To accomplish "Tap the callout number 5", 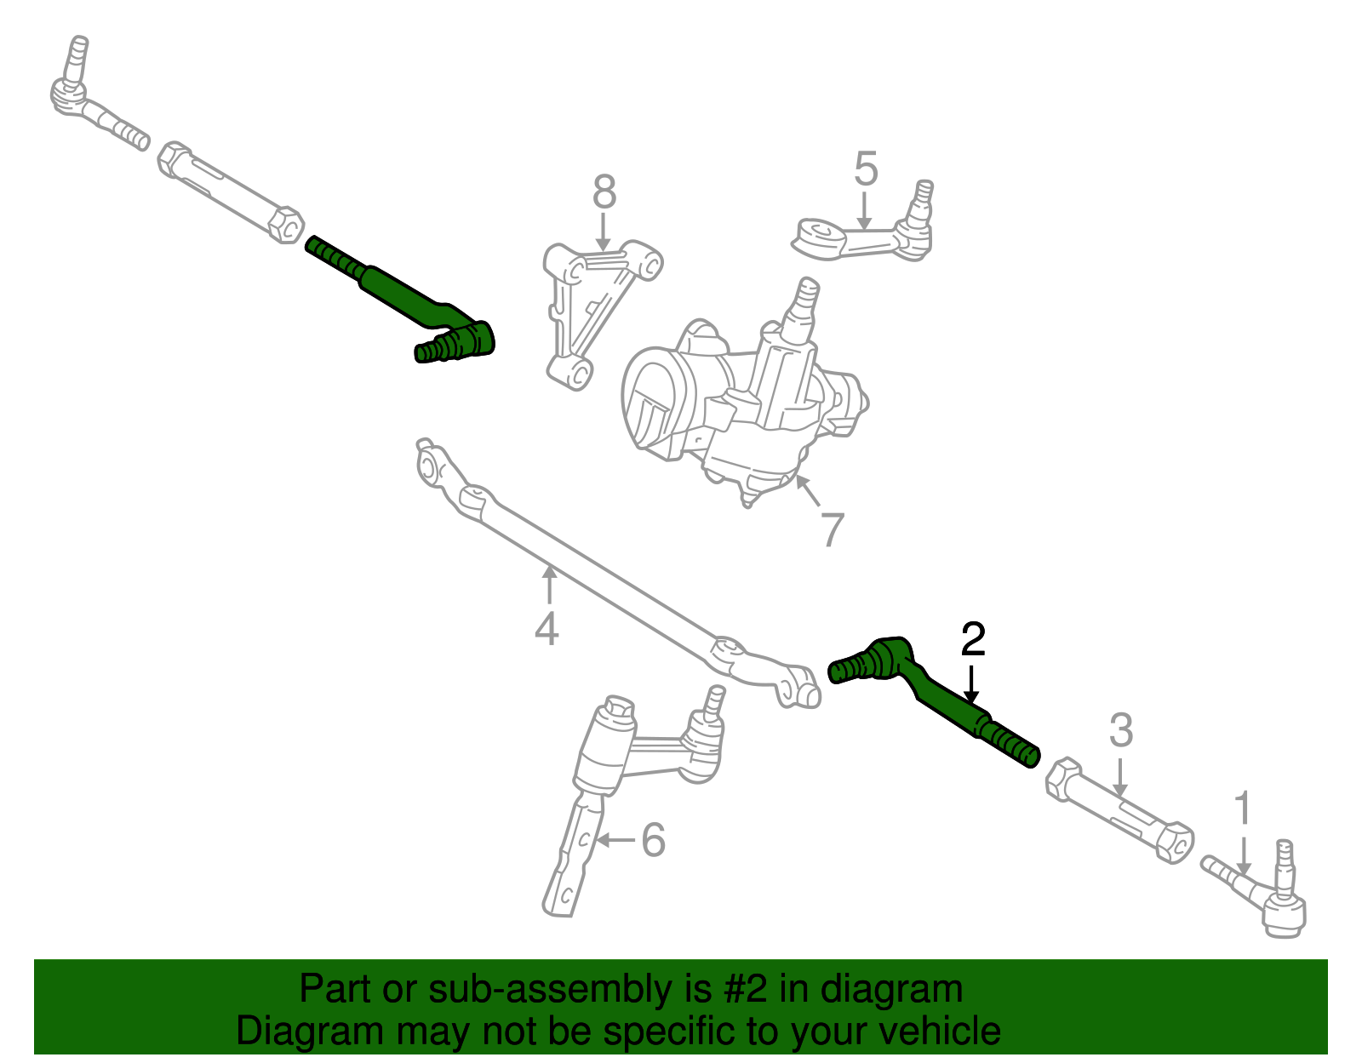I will tap(865, 169).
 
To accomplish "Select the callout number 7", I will tap(832, 529).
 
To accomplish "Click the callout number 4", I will tap(547, 629).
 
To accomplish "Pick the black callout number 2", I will tap(972, 639).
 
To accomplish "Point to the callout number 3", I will tap(1121, 731).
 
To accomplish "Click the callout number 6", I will tap(653, 840).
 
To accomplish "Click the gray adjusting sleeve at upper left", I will tap(230, 191).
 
